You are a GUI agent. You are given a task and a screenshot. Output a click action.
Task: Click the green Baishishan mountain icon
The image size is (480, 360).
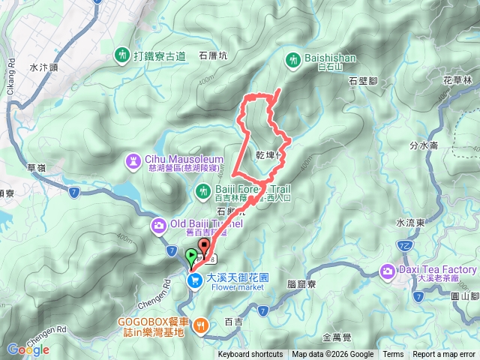(x=292, y=57)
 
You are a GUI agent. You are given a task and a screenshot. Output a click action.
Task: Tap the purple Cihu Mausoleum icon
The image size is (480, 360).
(x=133, y=160)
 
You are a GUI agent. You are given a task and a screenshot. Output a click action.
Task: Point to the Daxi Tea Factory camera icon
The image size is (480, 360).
(x=388, y=270)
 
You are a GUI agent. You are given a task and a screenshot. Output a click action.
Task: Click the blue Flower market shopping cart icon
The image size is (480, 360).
(x=193, y=280)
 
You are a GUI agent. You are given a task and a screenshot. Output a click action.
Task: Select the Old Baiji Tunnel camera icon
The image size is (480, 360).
(x=160, y=224)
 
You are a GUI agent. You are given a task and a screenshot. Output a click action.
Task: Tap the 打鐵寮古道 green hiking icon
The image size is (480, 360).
(x=122, y=55)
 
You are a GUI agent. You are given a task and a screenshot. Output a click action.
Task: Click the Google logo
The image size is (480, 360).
(x=28, y=349)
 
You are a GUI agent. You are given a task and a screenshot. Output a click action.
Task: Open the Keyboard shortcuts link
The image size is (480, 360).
(x=250, y=355)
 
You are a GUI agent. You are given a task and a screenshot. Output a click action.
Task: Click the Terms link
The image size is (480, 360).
(x=393, y=355)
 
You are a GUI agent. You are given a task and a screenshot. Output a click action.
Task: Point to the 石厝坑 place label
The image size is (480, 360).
(x=213, y=55)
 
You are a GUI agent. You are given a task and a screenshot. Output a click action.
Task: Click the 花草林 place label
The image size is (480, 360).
(x=457, y=79)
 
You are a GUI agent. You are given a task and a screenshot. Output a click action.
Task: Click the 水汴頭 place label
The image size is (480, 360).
(x=43, y=67)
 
